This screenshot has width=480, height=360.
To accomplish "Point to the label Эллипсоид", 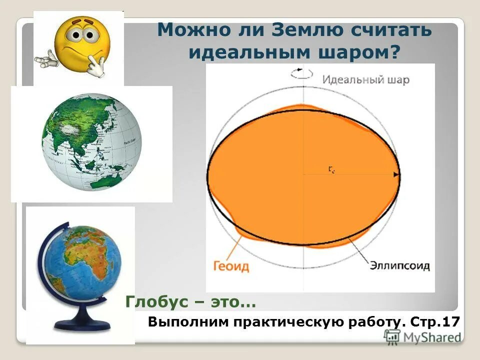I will point(400,265).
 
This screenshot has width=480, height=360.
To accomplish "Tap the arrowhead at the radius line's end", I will point(396,174).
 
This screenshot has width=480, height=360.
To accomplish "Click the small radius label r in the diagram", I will point(331,169).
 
